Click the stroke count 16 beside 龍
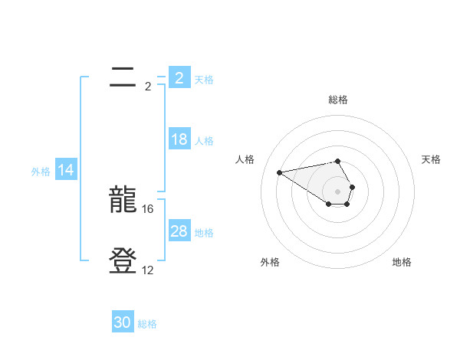coord(149,208)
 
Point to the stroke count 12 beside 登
coord(148,270)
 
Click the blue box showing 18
coord(179,140)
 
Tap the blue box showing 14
coord(66,171)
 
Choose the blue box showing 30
coord(123,322)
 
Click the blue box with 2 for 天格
coord(179,77)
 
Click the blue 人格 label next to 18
coord(204,141)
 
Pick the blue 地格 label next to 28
coord(204,233)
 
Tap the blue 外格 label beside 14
coord(41,172)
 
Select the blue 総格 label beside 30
coord(147,324)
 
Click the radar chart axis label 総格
coord(337,100)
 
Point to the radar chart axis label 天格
coord(431,159)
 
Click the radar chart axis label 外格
coord(270,262)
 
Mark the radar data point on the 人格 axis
coord(279,172)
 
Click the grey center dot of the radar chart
coord(337,191)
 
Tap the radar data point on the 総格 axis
coord(337,161)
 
